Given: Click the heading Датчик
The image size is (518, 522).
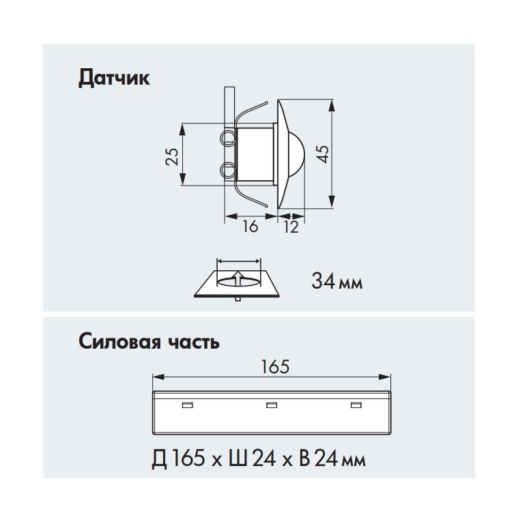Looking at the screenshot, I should pos(114,78).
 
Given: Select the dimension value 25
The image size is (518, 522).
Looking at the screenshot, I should pos(173,156).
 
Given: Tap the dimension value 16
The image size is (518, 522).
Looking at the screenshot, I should pos(250,227).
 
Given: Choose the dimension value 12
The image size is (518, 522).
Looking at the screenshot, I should pos(291,227).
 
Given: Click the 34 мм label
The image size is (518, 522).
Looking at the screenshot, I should pos(336,280).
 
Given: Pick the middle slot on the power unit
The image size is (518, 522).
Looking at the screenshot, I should pos(272,406).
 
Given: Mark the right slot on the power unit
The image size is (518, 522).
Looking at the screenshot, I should pos(355,406).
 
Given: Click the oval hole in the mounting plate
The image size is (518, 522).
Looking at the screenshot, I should pos(238,281).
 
